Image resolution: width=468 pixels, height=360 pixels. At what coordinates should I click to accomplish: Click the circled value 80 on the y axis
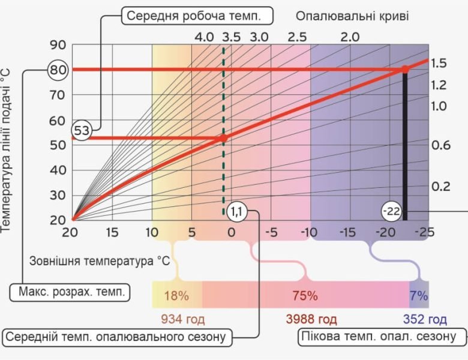[58, 70]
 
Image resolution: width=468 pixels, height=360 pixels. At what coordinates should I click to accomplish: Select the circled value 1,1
[235, 211]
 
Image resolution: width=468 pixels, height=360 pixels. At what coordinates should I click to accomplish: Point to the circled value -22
[391, 211]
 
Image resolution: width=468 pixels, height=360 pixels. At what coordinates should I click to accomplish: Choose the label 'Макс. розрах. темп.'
[71, 293]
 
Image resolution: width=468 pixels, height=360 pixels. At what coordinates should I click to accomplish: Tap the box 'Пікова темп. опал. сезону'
[382, 337]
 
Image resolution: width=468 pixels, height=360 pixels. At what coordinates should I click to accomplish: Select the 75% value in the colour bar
[305, 295]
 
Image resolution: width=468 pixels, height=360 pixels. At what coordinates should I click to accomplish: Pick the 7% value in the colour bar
[419, 295]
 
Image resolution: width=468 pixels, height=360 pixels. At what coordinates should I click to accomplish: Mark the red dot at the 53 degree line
[223, 137]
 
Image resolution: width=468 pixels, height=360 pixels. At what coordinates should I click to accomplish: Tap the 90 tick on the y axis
[58, 45]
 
